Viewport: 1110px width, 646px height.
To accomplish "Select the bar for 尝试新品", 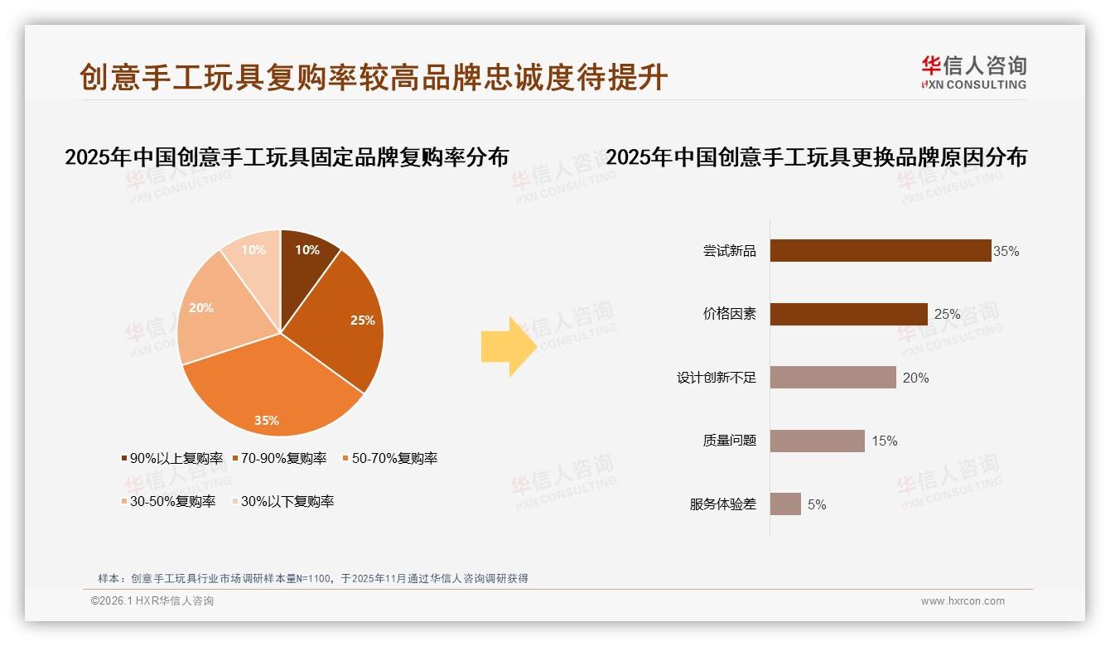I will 880,250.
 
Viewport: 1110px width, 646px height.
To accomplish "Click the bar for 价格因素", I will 848,314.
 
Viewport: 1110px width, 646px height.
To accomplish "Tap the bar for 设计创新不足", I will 832,378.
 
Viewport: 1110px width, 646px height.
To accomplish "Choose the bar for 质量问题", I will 817,441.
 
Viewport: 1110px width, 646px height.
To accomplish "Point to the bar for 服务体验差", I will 785,504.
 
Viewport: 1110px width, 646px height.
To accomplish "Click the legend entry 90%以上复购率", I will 172,458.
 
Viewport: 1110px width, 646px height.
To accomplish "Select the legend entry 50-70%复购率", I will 389,458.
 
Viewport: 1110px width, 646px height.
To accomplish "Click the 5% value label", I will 817,504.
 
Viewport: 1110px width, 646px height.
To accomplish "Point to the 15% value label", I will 884,441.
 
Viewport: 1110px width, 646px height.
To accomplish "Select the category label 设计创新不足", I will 717,378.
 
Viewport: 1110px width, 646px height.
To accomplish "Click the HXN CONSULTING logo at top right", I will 973,72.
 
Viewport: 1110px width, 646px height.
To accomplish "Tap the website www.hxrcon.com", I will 963,601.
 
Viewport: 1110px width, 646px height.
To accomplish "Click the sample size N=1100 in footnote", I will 311,579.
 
